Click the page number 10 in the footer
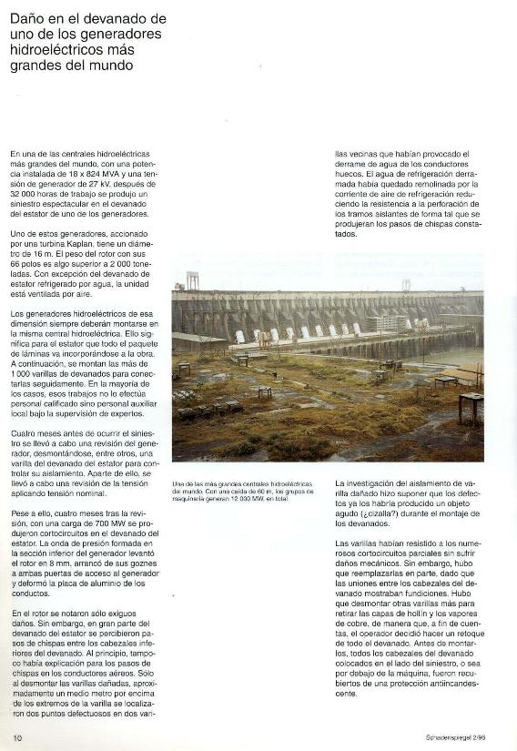click(x=17, y=736)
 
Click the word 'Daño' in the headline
click(x=26, y=18)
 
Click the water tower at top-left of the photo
click(x=192, y=279)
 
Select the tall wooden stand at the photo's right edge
click(x=471, y=407)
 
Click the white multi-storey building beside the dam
click(x=386, y=323)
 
